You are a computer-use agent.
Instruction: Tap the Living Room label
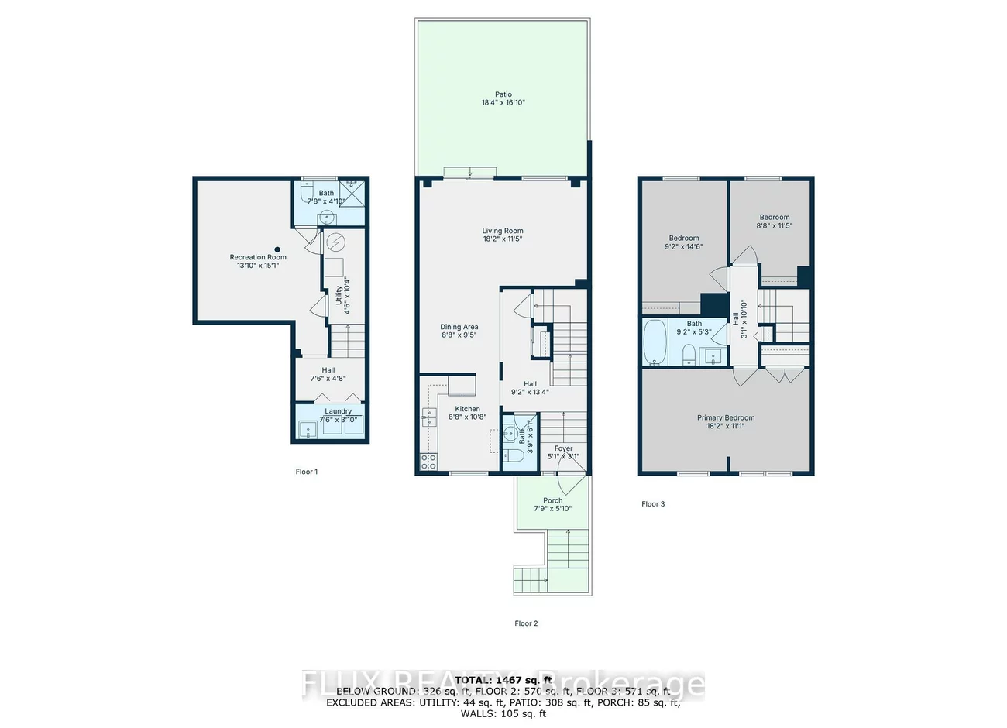pyautogui.click(x=503, y=231)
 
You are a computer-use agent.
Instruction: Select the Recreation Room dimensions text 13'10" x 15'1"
pyautogui.click(x=258, y=266)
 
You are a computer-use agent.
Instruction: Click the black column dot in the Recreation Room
pyautogui.click(x=276, y=249)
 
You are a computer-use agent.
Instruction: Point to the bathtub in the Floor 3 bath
pyautogui.click(x=655, y=342)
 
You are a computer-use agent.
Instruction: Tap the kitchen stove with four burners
pyautogui.click(x=428, y=462)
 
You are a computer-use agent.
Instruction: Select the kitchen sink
pyautogui.click(x=428, y=417)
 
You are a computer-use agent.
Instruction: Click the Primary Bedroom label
pyautogui.click(x=725, y=417)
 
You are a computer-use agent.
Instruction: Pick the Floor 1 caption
pyautogui.click(x=306, y=472)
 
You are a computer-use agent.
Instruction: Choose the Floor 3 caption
pyautogui.click(x=653, y=504)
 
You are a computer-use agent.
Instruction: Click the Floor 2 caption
pyautogui.click(x=526, y=623)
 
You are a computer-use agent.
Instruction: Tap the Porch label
pyautogui.click(x=553, y=500)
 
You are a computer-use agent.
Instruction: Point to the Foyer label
pyautogui.click(x=563, y=448)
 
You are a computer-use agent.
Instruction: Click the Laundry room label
pyautogui.click(x=338, y=411)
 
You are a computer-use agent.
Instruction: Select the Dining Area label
pyautogui.click(x=459, y=327)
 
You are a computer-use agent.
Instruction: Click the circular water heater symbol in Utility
pyautogui.click(x=335, y=242)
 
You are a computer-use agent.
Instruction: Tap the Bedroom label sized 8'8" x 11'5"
pyautogui.click(x=774, y=218)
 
